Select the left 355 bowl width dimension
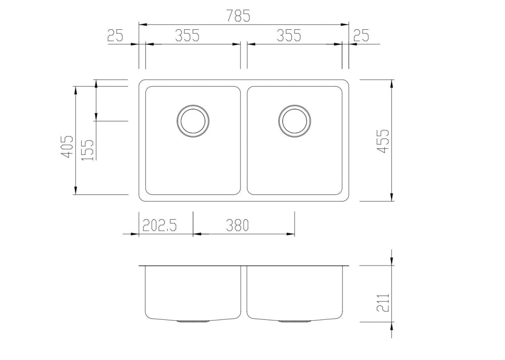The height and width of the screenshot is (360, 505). pyautogui.click(x=187, y=35)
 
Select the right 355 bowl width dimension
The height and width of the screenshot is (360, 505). pyautogui.click(x=289, y=35)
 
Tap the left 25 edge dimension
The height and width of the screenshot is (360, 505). pyautogui.click(x=115, y=35)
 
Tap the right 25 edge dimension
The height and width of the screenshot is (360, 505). pyautogui.click(x=362, y=35)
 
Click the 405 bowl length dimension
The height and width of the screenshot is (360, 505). pyautogui.click(x=68, y=146)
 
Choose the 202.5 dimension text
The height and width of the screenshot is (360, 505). pyautogui.click(x=159, y=225)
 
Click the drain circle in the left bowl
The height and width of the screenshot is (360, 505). pyautogui.click(x=193, y=121)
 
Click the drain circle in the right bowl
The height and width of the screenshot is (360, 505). pyautogui.click(x=294, y=121)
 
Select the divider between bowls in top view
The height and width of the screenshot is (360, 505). pyautogui.click(x=243, y=140)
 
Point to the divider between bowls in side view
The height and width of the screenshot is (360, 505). pyautogui.click(x=243, y=293)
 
